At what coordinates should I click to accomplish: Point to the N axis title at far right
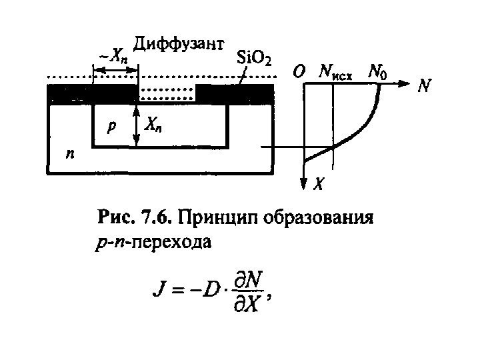click(x=423, y=86)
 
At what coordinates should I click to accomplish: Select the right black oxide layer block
click(x=237, y=94)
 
